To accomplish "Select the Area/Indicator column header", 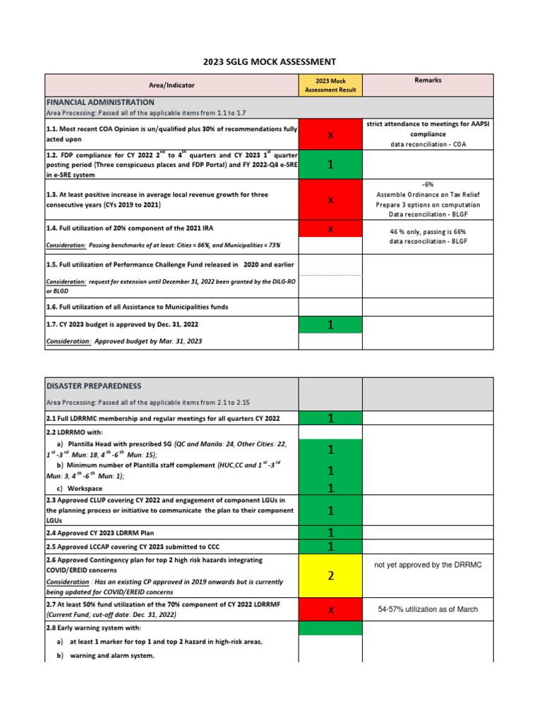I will pos(171,85).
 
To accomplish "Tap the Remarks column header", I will pos(428,80).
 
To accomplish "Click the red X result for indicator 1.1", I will pos(330,135).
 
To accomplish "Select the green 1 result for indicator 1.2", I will pos(330,165).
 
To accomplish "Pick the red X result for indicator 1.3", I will pos(330,200).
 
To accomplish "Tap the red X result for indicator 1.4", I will pos(330,229).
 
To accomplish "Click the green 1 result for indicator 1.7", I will pos(330,324).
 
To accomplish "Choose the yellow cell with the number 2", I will pos(330,576).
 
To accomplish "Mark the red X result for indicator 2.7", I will pos(330,610).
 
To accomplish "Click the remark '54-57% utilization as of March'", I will pos(428,609).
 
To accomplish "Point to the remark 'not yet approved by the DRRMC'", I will pos(428,565).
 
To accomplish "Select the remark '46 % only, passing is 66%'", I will pos(428,231).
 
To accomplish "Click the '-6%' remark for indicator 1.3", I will pos(428,184).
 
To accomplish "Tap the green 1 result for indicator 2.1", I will pos(330,419).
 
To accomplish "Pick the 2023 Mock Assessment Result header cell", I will pos(330,85).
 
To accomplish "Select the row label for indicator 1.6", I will pos(133,307).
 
